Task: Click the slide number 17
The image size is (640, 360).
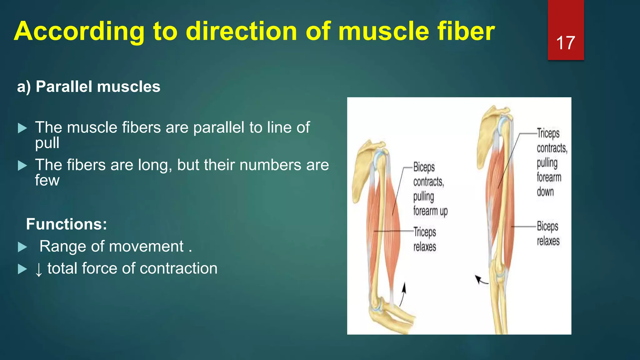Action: [x=565, y=43]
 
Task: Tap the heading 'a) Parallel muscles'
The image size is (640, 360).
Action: [x=88, y=87]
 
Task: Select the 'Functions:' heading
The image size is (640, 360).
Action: [x=66, y=224]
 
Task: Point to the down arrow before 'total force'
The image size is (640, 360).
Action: [x=38, y=269]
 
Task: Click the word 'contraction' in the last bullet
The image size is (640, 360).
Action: [x=178, y=268]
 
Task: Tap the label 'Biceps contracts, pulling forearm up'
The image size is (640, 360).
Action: [x=430, y=189]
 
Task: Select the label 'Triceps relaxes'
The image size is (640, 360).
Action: [x=424, y=239]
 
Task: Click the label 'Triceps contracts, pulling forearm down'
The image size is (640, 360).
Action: [x=551, y=162]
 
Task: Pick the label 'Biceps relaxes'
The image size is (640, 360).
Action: [x=548, y=233]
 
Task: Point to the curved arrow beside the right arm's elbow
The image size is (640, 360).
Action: [x=481, y=280]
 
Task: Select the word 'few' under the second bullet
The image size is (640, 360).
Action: [x=47, y=180]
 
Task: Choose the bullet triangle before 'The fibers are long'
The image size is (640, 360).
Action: [x=22, y=165]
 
